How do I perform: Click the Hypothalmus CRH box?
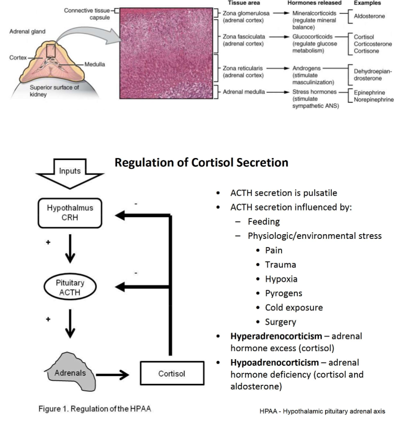[70, 213]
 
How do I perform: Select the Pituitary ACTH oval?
[70, 287]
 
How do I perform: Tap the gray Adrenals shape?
[70, 372]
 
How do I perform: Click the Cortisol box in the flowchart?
[172, 373]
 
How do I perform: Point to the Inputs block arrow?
[70, 173]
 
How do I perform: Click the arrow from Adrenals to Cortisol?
[113, 375]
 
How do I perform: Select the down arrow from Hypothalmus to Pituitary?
[70, 248]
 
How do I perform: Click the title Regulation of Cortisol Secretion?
[201, 163]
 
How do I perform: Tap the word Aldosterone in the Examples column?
[370, 16]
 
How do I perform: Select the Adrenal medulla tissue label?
[244, 92]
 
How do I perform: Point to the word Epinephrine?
[370, 92]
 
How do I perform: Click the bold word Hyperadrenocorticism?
[276, 336]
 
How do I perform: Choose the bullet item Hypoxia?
[281, 279]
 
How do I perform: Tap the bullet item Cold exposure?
[294, 308]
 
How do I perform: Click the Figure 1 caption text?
[94, 409]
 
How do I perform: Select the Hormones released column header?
[314, 3]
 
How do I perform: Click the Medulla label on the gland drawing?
[94, 64]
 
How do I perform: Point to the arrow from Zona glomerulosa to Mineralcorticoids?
[281, 13]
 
